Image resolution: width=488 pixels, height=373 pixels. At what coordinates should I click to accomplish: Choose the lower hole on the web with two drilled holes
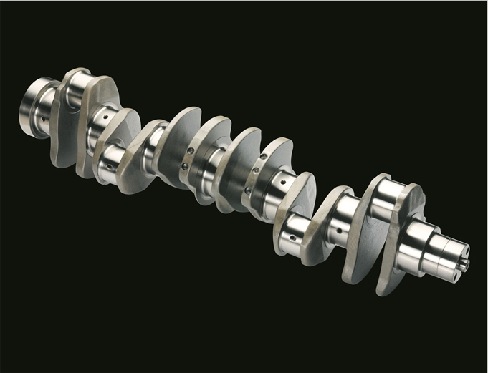point(184,166)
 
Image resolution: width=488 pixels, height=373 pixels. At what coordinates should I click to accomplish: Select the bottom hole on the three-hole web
point(247,190)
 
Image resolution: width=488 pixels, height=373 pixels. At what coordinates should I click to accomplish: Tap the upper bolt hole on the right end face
point(467,251)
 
